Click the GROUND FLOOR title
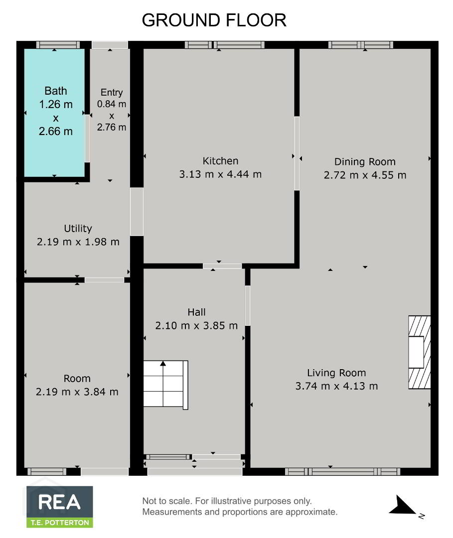pos(214,20)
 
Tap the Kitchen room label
pos(220,161)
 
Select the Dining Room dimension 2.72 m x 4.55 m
pos(365,175)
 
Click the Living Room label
pos(336,373)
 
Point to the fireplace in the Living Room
pos(420,352)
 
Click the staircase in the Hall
pos(165,385)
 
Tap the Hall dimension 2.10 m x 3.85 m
pos(196,325)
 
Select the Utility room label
pos(78,229)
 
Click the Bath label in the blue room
pos(56,91)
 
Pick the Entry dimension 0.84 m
pos(112,104)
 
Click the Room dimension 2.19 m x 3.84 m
pos(77,392)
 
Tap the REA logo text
pos(59,502)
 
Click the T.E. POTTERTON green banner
pos(60,523)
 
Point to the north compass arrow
pos(402,506)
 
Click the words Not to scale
pos(166,501)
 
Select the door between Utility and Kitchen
pos(137,211)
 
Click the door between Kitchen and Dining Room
pos(297,153)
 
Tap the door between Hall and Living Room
pos(248,305)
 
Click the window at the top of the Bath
pos(58,45)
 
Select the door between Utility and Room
pos(104,280)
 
